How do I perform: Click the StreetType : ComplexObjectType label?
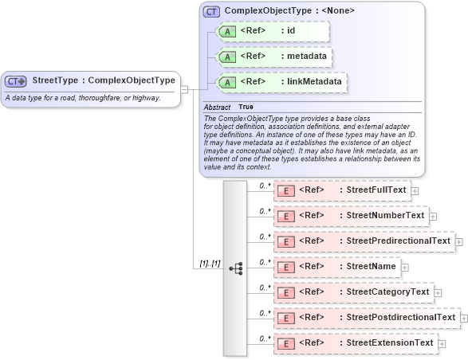(103, 80)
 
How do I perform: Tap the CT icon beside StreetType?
(16, 81)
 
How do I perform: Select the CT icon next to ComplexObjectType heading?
(211, 11)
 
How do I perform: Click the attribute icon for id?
(226, 31)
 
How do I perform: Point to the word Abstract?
(217, 107)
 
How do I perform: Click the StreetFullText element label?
(372, 190)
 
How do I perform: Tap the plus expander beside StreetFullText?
(415, 191)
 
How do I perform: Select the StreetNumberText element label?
(381, 215)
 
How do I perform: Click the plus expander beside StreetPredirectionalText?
(459, 241)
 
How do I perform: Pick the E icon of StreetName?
(285, 267)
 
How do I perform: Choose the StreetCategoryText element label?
(383, 292)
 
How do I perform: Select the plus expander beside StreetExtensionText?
(442, 344)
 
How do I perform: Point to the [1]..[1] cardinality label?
(210, 264)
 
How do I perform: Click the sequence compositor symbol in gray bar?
(236, 268)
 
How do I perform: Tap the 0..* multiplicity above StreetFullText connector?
(265, 185)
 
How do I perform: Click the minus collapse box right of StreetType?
(184, 88)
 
